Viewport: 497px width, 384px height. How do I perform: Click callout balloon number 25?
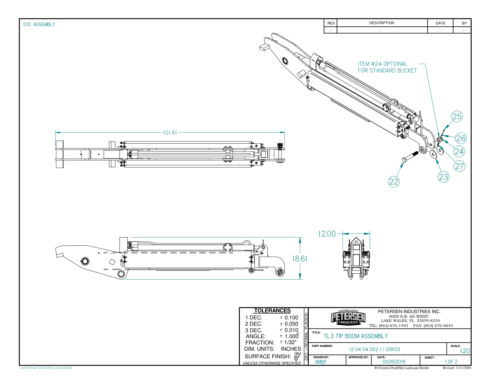pos(457,117)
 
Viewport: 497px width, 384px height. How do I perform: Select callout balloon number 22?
pos(394,182)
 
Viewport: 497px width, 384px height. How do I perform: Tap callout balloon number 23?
pos(443,177)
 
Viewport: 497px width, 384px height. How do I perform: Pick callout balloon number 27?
pos(460,166)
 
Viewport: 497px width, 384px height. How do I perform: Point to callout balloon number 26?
pos(461,138)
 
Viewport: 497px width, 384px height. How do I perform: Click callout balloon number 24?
pos(459,152)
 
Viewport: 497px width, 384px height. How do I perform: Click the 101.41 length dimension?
pos(170,132)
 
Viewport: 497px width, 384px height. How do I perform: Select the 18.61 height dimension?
pos(300,259)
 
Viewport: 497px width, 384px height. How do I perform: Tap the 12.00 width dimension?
pos(327,234)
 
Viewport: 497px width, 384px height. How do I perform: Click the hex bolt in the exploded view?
pos(409,157)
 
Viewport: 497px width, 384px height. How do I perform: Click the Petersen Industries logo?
pos(348,317)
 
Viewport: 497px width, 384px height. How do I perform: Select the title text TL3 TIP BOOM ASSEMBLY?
pos(355,336)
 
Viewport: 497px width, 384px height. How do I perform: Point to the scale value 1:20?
pos(465,351)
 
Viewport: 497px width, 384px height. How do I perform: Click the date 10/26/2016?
pos(394,362)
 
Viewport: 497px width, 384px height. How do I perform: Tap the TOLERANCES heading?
pos(272,311)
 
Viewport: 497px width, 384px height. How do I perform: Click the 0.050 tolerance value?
pos(291,324)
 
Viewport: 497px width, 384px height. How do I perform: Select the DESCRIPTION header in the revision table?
pos(382,23)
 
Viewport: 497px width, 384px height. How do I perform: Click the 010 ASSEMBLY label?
pos(39,24)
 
